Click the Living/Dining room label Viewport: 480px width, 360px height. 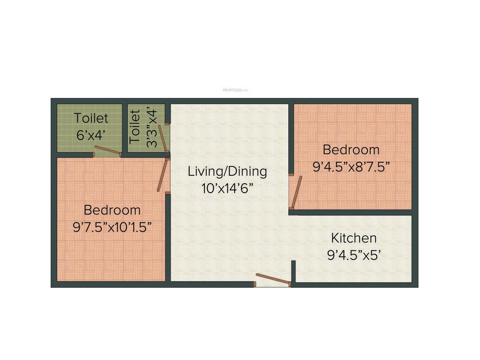point(227,171)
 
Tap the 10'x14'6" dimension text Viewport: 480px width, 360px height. point(227,188)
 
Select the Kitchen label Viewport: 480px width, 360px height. point(353,238)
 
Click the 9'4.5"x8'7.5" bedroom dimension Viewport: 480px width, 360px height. point(351,166)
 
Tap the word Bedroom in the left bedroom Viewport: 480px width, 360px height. point(112,210)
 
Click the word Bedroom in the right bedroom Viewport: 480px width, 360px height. point(351,150)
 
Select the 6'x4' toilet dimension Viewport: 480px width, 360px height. point(90,135)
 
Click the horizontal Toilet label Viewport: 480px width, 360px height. point(90,118)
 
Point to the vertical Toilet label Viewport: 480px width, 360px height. point(135,127)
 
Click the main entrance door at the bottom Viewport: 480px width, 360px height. point(272,279)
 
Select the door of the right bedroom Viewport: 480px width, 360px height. point(296,192)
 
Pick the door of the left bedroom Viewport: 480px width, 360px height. point(162,175)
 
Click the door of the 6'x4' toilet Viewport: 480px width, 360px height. point(107,150)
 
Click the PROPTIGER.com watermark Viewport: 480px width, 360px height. point(235,90)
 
